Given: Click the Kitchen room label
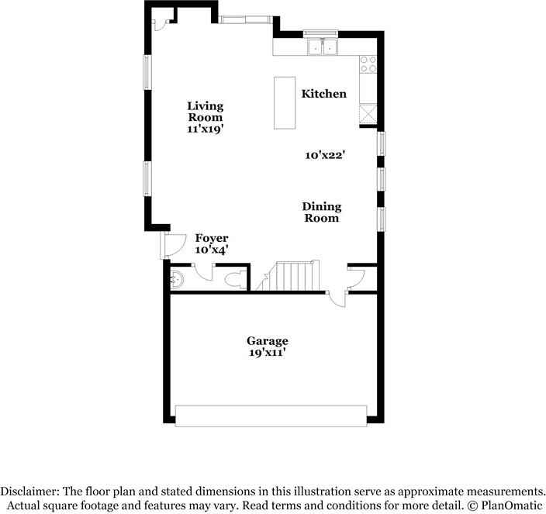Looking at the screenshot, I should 323,94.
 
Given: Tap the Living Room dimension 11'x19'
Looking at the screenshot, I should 205,129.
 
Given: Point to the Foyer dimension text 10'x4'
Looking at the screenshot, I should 211,250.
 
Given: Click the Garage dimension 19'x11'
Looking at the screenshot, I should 267,353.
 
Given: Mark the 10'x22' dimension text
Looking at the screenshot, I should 324,155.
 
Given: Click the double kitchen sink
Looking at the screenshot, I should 323,48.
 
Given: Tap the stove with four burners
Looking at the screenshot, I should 368,64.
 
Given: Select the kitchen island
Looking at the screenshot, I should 285,103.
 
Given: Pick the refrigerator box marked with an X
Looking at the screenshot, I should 368,116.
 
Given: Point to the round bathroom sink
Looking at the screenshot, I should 178,279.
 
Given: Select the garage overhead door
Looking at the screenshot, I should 269,415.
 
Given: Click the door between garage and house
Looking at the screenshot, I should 336,298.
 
